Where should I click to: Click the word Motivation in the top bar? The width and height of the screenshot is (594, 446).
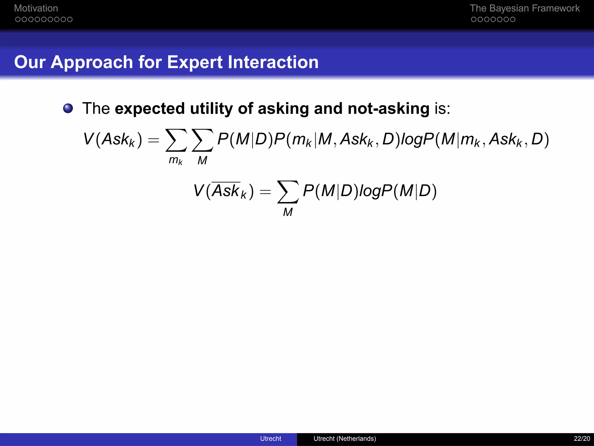(36, 8)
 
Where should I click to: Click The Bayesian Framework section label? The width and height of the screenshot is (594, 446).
(524, 8)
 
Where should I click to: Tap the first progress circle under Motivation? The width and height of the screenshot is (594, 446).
(18, 19)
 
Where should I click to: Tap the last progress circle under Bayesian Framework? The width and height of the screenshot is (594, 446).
(512, 19)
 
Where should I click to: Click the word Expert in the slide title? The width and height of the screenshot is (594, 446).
(195, 62)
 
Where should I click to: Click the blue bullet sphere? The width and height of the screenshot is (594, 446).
(68, 108)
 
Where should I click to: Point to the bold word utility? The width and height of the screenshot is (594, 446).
(211, 108)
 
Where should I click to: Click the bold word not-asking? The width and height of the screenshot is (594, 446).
(388, 108)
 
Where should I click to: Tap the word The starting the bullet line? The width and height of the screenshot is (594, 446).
(96, 108)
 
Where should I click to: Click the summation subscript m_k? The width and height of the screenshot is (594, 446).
(175, 160)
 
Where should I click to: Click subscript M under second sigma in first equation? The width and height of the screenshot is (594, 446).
(202, 160)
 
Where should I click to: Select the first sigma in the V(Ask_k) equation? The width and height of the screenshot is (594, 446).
(176, 140)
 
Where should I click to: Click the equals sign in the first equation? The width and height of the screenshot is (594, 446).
(153, 141)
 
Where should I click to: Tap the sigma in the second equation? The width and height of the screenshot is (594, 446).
(288, 192)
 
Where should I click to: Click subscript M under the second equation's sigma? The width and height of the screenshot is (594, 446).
(288, 212)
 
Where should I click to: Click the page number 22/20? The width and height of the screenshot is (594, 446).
(582, 438)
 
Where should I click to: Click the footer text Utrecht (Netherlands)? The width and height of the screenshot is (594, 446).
(345, 438)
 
